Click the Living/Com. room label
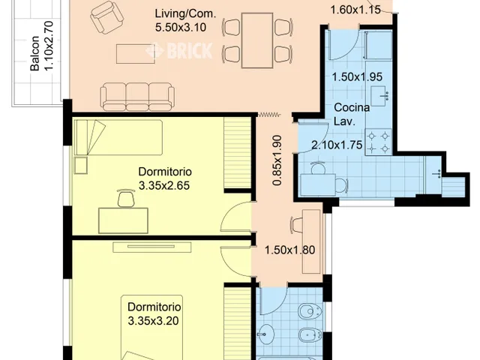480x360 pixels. tap(185, 14)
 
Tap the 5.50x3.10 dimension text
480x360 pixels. tap(180, 28)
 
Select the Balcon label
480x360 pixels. tap(35, 53)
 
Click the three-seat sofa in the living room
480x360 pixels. tap(137, 97)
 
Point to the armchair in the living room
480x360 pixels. tap(106, 17)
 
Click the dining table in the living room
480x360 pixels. tap(257, 40)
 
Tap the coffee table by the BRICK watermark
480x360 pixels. tap(136, 54)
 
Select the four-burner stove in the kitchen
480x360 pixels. tap(378, 142)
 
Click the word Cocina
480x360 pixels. tap(352, 108)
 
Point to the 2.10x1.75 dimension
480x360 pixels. tap(337, 145)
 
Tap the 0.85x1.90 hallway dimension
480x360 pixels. tap(277, 160)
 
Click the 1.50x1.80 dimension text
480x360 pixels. tap(289, 250)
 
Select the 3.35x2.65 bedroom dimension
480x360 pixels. tap(164, 185)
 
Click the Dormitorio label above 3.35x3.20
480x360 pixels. tap(154, 307)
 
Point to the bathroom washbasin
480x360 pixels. tap(265, 334)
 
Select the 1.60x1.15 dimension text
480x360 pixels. tap(355, 10)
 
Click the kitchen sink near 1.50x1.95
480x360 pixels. tap(379, 96)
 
